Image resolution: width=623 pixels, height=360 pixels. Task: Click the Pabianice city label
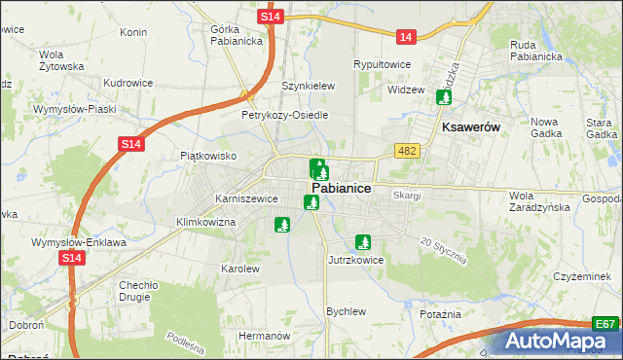click(x=340, y=189)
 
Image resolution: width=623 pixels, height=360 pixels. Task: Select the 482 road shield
click(x=407, y=150)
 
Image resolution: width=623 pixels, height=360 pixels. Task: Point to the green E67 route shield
click(x=605, y=323)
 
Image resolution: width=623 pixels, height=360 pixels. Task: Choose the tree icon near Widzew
click(x=445, y=97)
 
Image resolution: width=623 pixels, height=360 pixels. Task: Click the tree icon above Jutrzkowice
click(x=364, y=242)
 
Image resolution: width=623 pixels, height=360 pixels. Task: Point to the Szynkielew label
click(x=308, y=86)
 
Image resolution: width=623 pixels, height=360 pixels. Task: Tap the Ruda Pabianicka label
click(x=536, y=50)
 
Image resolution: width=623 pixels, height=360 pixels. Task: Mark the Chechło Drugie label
click(x=138, y=291)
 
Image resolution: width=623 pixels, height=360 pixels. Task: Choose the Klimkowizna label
click(x=206, y=222)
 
